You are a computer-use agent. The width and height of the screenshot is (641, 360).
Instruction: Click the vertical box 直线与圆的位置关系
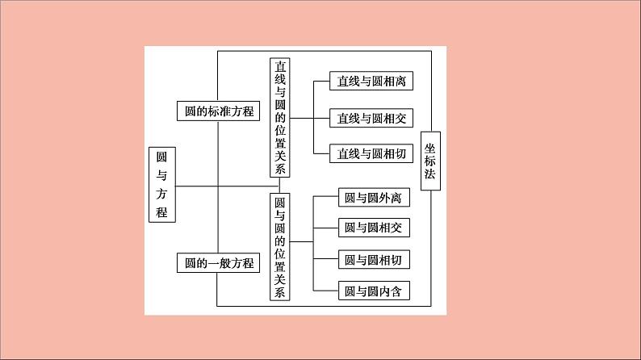point(280,117)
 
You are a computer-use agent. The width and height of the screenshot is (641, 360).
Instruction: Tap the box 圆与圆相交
point(372,228)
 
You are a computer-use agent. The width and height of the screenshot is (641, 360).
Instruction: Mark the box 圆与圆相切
point(372,260)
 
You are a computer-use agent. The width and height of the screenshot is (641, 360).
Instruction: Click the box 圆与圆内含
point(372,291)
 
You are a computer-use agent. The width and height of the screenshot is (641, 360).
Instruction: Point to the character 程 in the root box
point(162,211)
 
